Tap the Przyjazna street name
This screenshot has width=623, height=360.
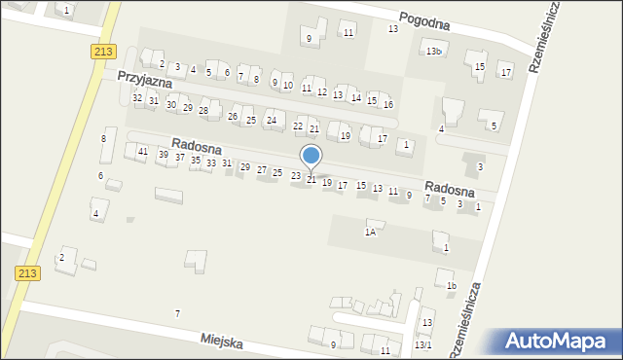coord(145,78)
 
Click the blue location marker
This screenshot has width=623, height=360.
coord(311,156)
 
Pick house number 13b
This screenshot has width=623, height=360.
coord(433,51)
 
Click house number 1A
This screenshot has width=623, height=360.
coord(370,232)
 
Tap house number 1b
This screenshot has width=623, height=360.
coord(451,285)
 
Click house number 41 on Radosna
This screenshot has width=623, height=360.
coord(143,151)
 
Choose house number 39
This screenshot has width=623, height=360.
coord(164,155)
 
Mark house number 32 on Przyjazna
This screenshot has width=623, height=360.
coord(137,98)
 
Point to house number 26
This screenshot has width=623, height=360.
coord(233,117)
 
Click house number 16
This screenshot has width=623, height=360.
coord(387,104)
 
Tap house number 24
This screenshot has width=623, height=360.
coord(272,121)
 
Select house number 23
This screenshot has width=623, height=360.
coord(296,176)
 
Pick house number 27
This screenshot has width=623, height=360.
coord(261,169)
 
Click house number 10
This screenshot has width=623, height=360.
coord(287,86)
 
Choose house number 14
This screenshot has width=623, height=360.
coord(356,98)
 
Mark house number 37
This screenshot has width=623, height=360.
coord(180,157)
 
